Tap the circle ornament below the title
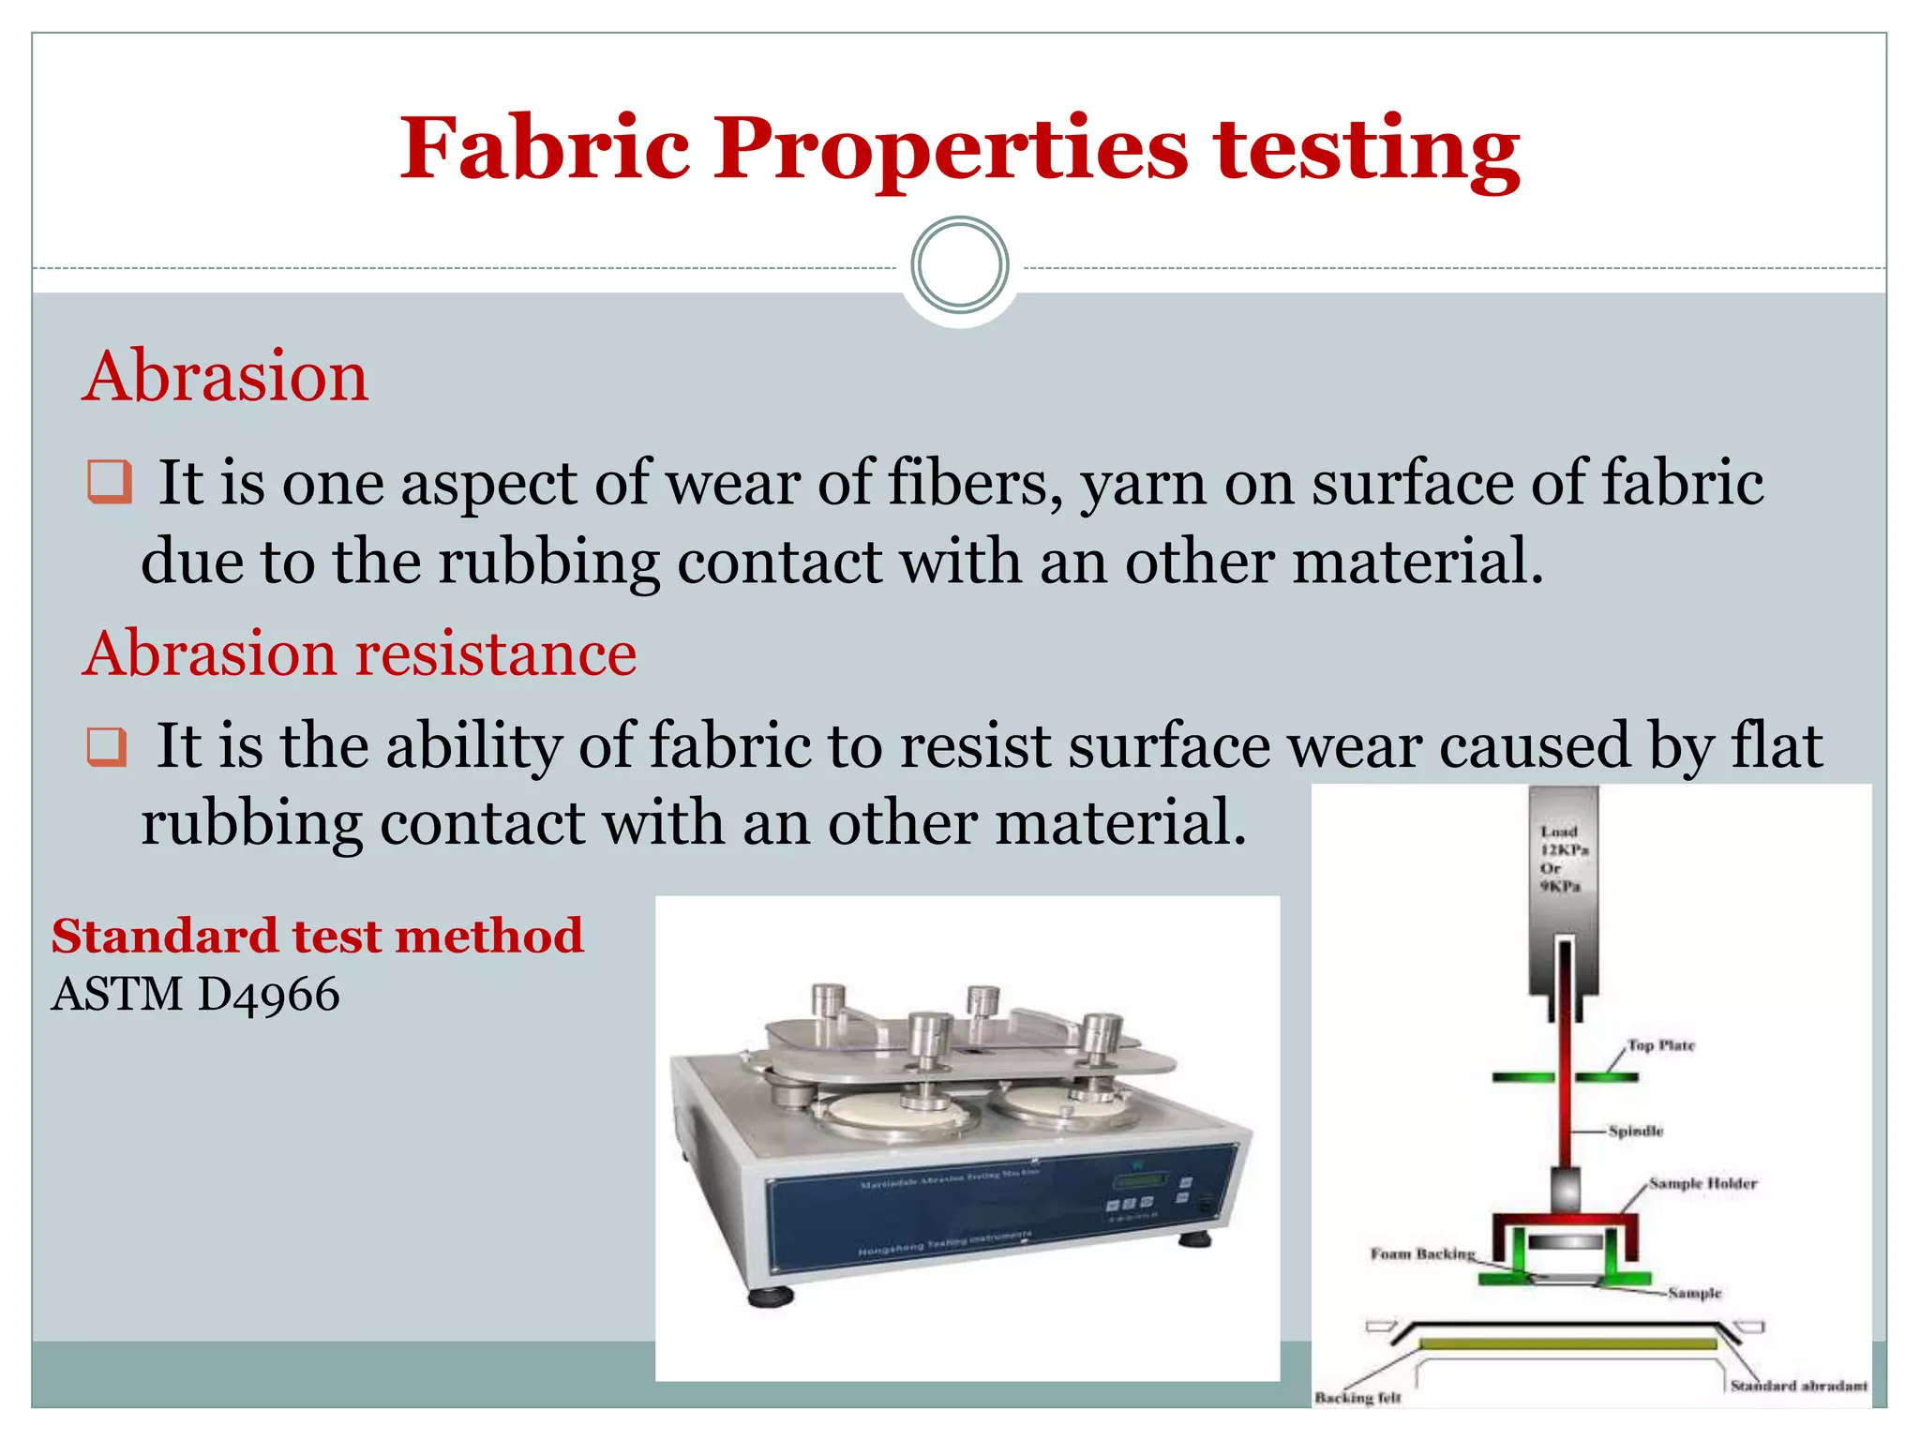point(959,265)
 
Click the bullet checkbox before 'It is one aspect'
point(109,482)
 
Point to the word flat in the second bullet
point(1777,745)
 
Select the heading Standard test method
point(317,936)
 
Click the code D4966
point(268,994)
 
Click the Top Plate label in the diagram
point(1660,1044)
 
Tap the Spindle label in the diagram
point(1635,1131)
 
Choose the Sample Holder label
point(1702,1183)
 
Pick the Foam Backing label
point(1422,1253)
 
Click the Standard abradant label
point(1798,1385)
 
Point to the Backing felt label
point(1357,1397)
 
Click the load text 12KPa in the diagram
point(1564,849)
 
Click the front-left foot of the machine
point(771,1297)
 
